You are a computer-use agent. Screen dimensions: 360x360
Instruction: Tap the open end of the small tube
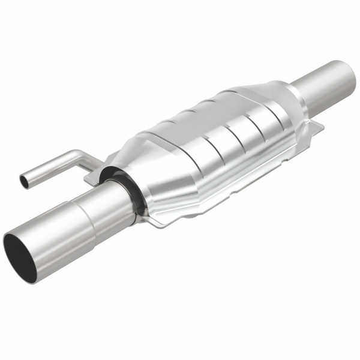coord(24,181)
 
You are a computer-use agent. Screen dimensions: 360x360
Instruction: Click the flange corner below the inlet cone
coord(152,222)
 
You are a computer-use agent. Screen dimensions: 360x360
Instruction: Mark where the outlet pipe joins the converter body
coord(300,96)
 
